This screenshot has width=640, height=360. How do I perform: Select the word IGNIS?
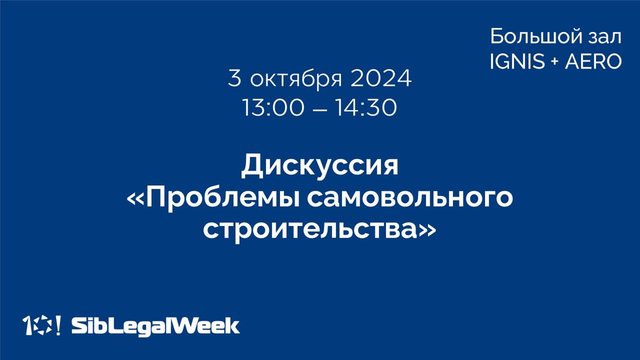point(517,62)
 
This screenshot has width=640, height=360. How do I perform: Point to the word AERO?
point(593,62)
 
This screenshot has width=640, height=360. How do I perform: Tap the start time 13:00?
point(273,108)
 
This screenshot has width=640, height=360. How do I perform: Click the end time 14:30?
point(366,108)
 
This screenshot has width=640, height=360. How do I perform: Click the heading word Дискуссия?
point(320,166)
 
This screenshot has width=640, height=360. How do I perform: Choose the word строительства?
point(310,230)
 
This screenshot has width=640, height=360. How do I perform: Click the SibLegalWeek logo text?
point(155,326)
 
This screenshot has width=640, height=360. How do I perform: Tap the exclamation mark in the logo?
point(58,325)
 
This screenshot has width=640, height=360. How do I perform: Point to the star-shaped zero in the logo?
point(42,325)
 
